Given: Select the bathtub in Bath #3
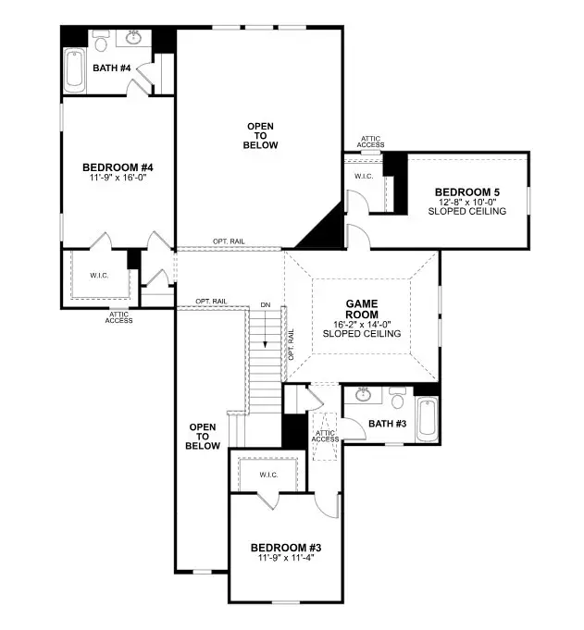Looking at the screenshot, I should pyautogui.click(x=428, y=418).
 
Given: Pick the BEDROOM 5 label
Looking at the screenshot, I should pyautogui.click(x=466, y=192).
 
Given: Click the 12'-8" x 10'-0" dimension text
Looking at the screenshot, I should pyautogui.click(x=466, y=203).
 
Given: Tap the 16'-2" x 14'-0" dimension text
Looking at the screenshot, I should pyautogui.click(x=362, y=324).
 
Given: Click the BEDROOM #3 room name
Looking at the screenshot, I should pyautogui.click(x=289, y=549).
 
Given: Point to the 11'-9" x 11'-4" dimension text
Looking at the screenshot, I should pyautogui.click(x=289, y=560).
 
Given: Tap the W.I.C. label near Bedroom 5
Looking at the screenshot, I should pyautogui.click(x=363, y=176).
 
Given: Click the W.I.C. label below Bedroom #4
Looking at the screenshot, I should pyautogui.click(x=100, y=275).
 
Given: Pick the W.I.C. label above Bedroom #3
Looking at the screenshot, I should pyautogui.click(x=268, y=475).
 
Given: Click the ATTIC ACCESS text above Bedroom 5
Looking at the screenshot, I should pyautogui.click(x=370, y=142).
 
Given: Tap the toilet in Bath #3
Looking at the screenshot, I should pyautogui.click(x=398, y=399).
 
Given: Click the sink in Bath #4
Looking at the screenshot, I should pyautogui.click(x=104, y=42).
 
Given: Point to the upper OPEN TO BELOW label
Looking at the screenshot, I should pyautogui.click(x=261, y=135).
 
